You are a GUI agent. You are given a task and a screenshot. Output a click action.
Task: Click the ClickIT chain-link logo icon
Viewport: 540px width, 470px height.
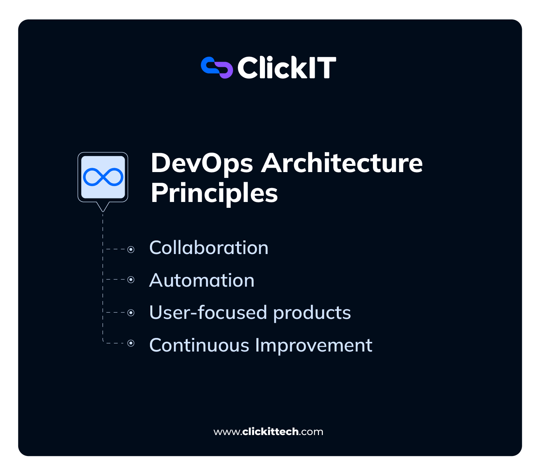pyautogui.click(x=217, y=68)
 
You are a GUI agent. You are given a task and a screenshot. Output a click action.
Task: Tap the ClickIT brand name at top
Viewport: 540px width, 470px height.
pyautogui.click(x=286, y=68)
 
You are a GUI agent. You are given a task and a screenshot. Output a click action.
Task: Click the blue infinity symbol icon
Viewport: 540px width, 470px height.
pyautogui.click(x=103, y=177)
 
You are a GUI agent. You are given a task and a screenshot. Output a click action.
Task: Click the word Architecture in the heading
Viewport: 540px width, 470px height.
pyautogui.click(x=342, y=163)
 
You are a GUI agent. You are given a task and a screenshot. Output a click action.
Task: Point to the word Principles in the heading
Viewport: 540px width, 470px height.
pyautogui.click(x=214, y=193)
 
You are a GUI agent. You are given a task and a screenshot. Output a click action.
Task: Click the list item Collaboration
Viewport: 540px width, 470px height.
pyautogui.click(x=209, y=248)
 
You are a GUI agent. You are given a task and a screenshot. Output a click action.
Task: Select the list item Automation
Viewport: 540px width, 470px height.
pyautogui.click(x=202, y=280)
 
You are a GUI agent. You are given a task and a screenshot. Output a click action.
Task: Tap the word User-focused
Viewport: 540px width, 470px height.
pyautogui.click(x=208, y=313)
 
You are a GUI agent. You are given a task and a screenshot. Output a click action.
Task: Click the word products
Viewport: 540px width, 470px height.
pyautogui.click(x=312, y=313)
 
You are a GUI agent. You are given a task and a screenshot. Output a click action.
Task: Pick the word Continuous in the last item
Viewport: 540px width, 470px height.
pyautogui.click(x=199, y=345)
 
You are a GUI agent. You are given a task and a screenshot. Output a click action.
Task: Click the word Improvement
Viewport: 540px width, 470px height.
pyautogui.click(x=314, y=345)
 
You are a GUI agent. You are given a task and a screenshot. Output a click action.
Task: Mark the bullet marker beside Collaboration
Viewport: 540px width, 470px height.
pyautogui.click(x=131, y=249)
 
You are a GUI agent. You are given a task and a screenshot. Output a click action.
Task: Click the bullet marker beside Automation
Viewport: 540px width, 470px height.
pyautogui.click(x=131, y=280)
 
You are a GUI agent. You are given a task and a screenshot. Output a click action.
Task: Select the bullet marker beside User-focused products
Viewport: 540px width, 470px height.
pyautogui.click(x=131, y=312)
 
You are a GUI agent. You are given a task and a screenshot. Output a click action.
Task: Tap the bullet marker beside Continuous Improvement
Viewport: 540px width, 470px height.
pyautogui.click(x=131, y=343)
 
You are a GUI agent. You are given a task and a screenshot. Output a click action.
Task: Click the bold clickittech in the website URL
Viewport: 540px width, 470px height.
pyautogui.click(x=270, y=432)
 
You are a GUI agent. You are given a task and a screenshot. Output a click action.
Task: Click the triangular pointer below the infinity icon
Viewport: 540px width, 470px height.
pyautogui.click(x=103, y=207)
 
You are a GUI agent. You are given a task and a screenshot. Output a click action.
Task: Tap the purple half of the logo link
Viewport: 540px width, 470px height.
pyautogui.click(x=225, y=70)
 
